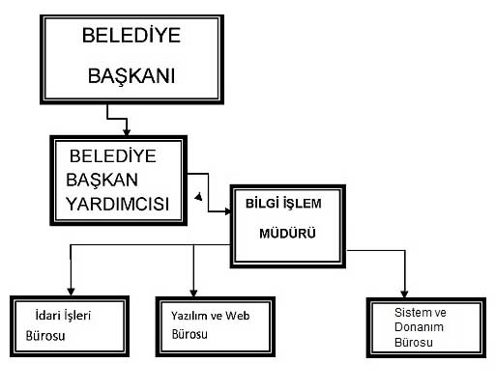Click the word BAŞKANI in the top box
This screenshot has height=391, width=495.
pyautogui.click(x=131, y=76)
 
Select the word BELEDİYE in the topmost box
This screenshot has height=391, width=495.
pyautogui.click(x=131, y=35)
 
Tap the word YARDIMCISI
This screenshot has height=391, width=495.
pyautogui.click(x=117, y=204)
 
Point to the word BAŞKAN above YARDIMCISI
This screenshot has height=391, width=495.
pyautogui.click(x=102, y=181)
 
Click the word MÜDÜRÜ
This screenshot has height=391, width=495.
pyautogui.click(x=287, y=233)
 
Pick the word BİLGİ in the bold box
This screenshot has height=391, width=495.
pyautogui.click(x=262, y=203)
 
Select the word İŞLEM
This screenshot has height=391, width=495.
pyautogui.click(x=303, y=204)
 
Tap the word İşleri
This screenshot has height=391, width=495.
pyautogui.click(x=77, y=316)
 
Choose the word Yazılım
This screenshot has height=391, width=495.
pyautogui.click(x=190, y=316)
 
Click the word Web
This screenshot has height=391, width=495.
pyautogui.click(x=238, y=316)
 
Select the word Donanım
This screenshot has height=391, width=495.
pyautogui.click(x=419, y=327)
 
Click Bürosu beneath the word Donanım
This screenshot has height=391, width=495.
pyautogui.click(x=414, y=342)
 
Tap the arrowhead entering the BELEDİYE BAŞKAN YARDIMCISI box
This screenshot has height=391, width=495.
pyautogui.click(x=127, y=132)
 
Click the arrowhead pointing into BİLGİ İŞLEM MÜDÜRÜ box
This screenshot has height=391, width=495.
pyautogui.click(x=228, y=211)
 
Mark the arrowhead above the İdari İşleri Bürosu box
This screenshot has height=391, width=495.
pyautogui.click(x=71, y=292)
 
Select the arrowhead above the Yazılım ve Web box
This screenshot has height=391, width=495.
pyautogui.click(x=193, y=293)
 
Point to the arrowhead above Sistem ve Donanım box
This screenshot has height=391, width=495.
pyautogui.click(x=404, y=293)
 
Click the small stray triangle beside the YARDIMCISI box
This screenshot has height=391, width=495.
pyautogui.click(x=199, y=197)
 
